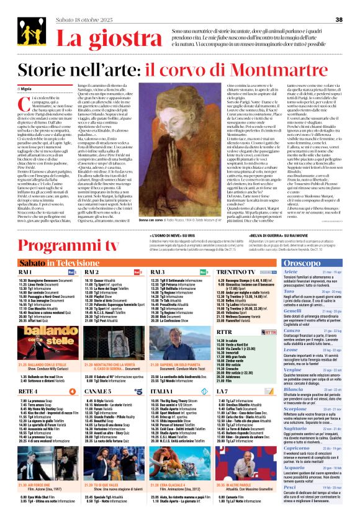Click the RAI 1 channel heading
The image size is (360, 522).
pyautogui.click(x=25, y=272)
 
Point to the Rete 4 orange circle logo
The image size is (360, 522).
pyautogui.click(x=73, y=392)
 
